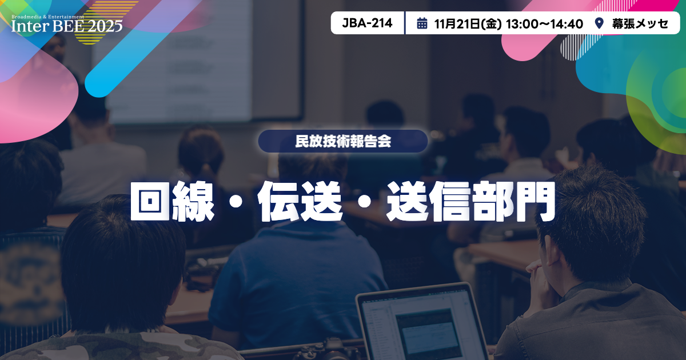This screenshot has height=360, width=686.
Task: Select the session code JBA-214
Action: coord(367,23)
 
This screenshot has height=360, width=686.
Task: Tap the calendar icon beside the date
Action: coord(422,23)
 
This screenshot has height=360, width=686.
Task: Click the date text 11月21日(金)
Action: coord(467,23)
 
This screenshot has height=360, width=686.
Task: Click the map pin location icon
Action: coord(599,23)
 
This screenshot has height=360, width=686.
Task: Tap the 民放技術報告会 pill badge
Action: coord(343,141)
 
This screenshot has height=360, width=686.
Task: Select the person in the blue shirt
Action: coord(297,274)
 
